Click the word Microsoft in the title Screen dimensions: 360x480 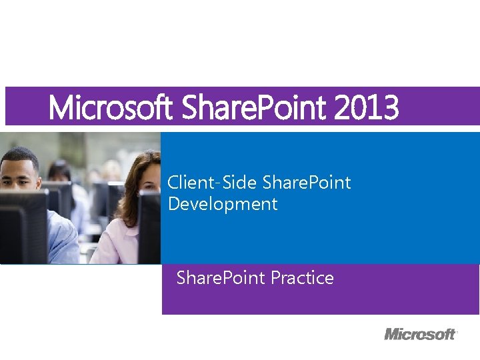pos(111,107)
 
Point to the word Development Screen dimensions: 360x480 pos(222,204)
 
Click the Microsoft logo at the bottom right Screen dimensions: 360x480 pos(420,333)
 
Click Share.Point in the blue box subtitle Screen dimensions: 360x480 pos(307,183)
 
